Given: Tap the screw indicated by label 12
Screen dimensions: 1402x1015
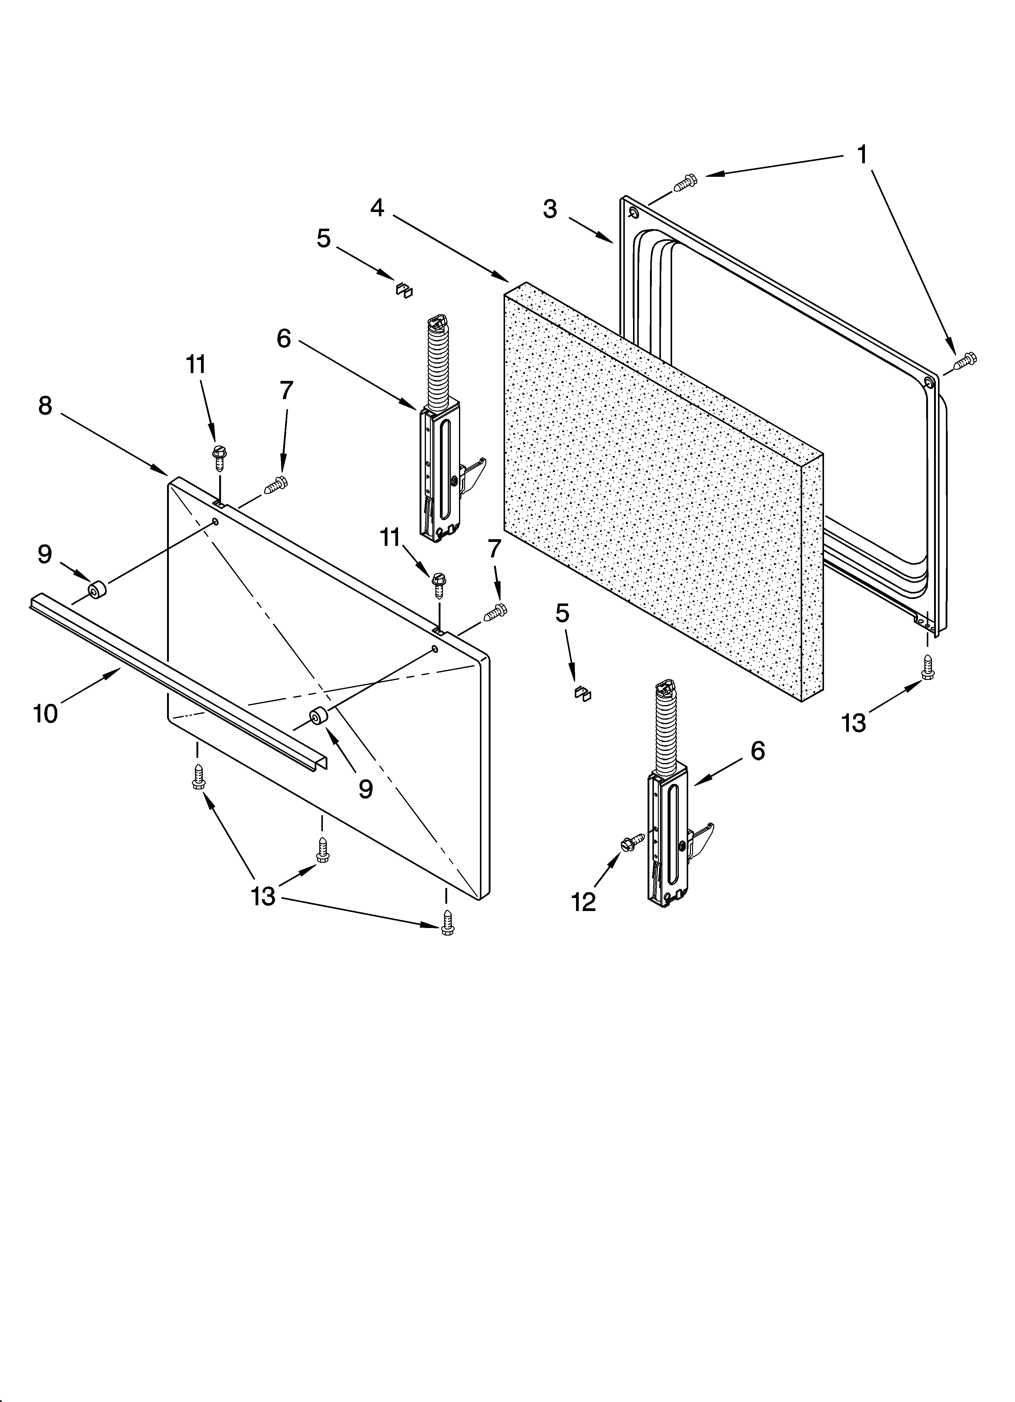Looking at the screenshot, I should tap(634, 841).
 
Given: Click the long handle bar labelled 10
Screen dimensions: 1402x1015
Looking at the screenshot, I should tap(179, 680).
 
